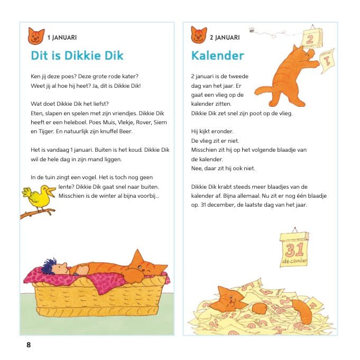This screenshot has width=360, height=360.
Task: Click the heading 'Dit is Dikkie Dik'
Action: (77, 56)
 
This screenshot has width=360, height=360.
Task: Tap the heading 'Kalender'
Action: (217, 56)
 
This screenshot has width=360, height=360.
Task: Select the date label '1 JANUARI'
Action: (62, 38)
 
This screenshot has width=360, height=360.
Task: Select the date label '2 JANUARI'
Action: (225, 38)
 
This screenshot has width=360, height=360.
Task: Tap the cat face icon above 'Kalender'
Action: (199, 35)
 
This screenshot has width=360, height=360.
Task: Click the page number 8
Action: (29, 345)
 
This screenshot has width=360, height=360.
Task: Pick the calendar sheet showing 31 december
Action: (294, 248)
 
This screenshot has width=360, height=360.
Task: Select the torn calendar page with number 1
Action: (327, 60)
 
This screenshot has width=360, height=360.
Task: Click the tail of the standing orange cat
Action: (263, 90)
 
